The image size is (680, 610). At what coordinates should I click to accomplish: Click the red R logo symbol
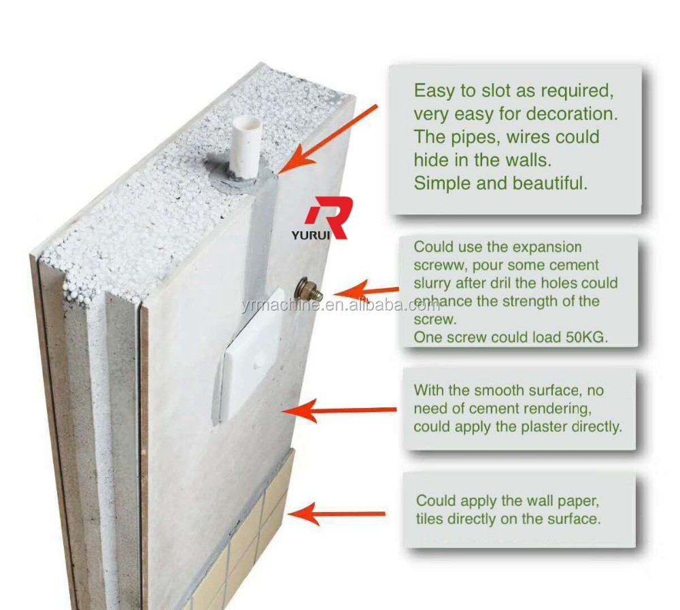tap(330, 216)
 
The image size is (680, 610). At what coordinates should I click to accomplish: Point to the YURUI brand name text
tap(311, 235)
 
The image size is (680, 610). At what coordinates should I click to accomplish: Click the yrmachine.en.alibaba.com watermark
tap(341, 306)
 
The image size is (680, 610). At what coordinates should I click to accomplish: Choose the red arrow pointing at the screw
tap(367, 290)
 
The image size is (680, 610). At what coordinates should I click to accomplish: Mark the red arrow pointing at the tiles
tap(336, 514)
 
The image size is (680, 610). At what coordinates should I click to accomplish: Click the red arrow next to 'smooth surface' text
tap(339, 410)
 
